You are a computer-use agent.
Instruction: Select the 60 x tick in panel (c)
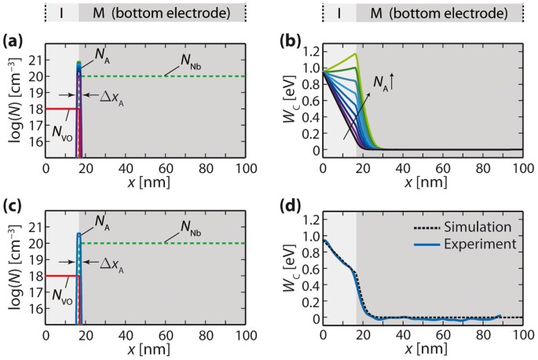click(x=166, y=334)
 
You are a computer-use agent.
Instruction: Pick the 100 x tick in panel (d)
click(x=522, y=334)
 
